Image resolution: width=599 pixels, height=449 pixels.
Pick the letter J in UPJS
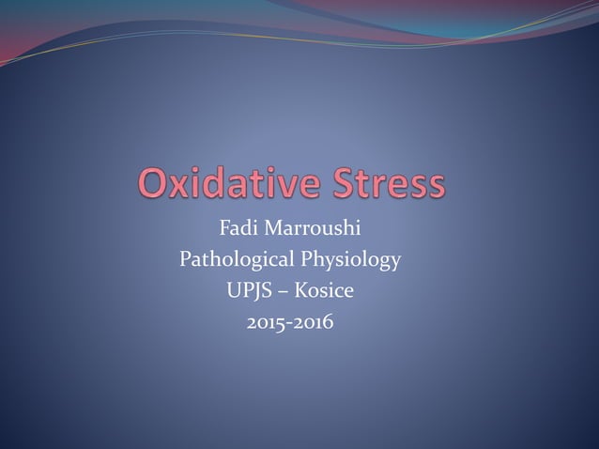(254, 292)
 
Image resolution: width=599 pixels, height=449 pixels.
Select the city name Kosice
(323, 291)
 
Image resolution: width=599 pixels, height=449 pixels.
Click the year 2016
(315, 324)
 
